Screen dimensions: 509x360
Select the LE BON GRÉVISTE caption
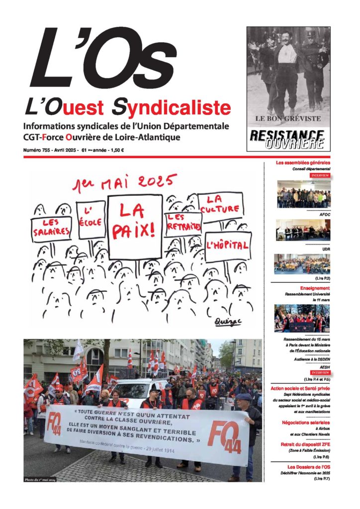(288, 119)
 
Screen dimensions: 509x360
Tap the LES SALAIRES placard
(52, 228)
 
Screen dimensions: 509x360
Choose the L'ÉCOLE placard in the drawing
(92, 219)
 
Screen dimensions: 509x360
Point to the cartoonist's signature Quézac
(227, 322)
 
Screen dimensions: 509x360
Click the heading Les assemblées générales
(303, 163)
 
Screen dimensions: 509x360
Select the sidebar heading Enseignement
(315, 288)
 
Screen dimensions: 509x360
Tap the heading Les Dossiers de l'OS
(309, 467)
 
